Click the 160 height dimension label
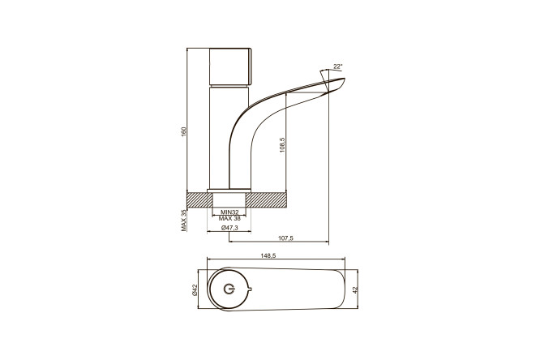[x=183, y=131]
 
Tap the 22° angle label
[x=338, y=66]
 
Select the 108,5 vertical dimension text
[x=282, y=144]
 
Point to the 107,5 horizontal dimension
[x=285, y=238]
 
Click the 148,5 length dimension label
[x=269, y=255]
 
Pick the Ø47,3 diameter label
[x=229, y=228]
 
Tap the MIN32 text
[x=229, y=212]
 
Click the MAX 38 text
[x=229, y=218]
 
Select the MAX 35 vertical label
[x=183, y=221]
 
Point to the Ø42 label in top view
[x=194, y=289]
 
